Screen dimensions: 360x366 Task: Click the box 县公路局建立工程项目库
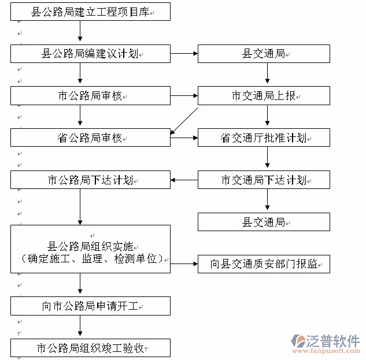91,11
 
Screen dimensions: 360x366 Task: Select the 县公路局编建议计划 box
91,54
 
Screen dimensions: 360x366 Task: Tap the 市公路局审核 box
91,96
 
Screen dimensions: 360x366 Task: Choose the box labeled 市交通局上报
264,96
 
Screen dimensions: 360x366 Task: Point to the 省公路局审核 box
91,138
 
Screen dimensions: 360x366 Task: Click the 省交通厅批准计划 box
264,138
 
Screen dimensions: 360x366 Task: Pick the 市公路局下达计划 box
91,180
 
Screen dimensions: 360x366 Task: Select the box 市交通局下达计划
264,180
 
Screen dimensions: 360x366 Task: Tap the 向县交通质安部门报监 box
264,264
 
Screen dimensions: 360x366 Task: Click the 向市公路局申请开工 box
91,306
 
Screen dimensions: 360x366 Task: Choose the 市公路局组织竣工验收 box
91,348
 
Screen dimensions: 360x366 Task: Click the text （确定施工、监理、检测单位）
91,259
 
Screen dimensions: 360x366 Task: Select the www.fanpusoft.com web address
327,351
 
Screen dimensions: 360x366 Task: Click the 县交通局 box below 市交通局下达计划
264,222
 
